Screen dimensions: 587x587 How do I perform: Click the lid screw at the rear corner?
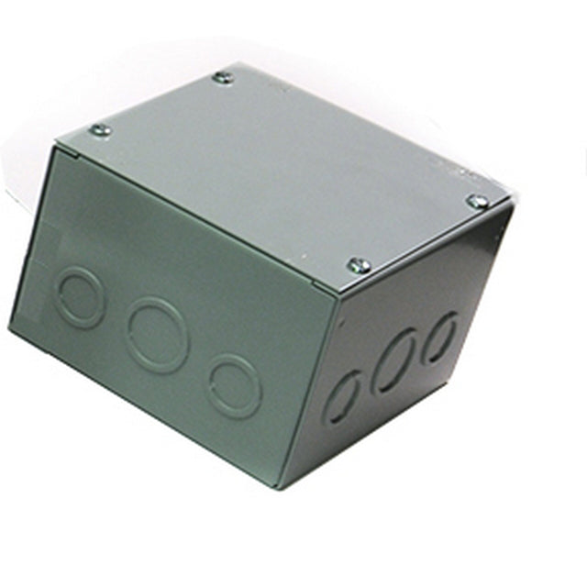tap(223, 78)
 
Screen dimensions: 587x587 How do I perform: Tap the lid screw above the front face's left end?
tap(100, 130)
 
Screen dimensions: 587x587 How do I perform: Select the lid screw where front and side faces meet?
tap(360, 266)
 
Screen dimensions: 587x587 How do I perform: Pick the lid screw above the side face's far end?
tap(477, 201)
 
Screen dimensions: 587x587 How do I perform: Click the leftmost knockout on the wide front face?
tap(80, 295)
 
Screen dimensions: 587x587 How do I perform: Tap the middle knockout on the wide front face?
tap(158, 333)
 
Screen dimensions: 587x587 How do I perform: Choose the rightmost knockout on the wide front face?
tap(234, 385)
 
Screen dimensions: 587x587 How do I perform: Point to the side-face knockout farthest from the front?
tap(442, 336)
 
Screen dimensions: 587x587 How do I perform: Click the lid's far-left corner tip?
tap(57, 144)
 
